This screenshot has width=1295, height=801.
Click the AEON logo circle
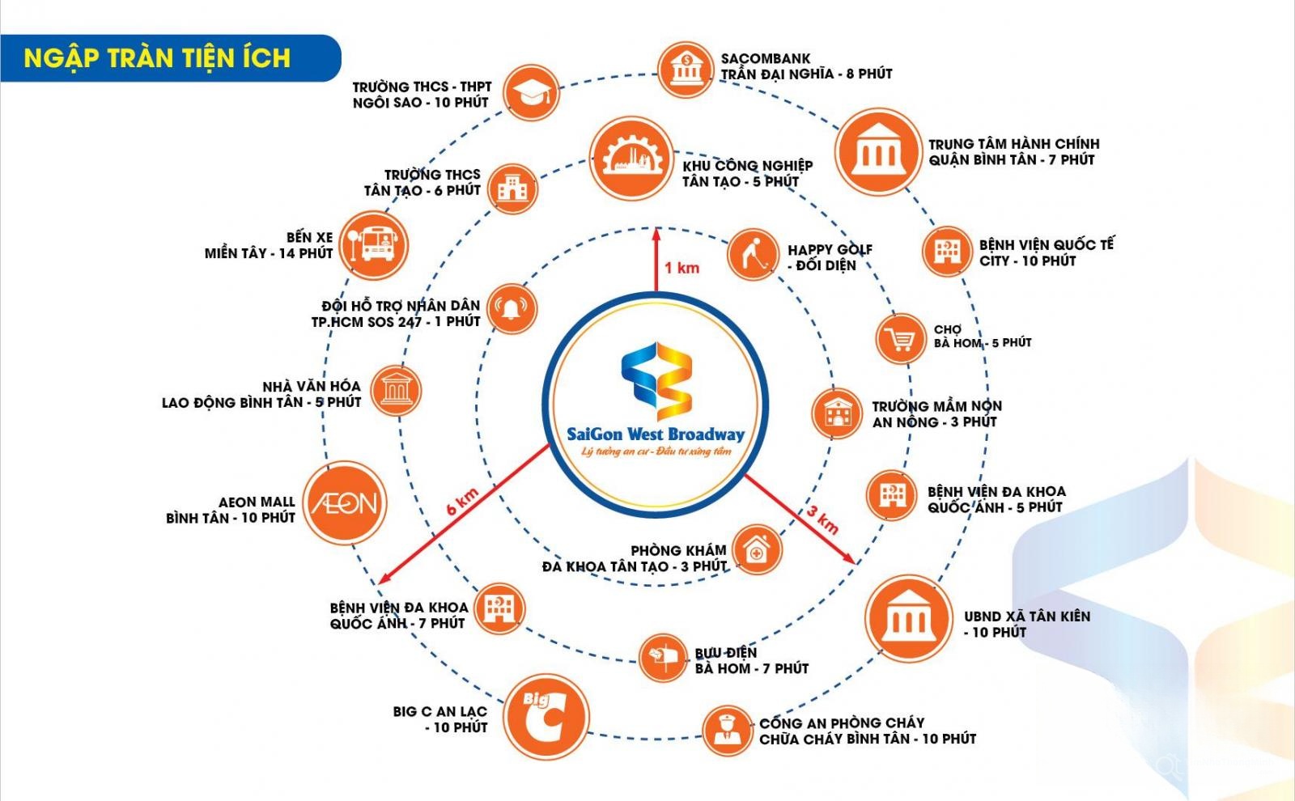pyautogui.click(x=345, y=502)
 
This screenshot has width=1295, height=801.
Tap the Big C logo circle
pyautogui.click(x=546, y=717)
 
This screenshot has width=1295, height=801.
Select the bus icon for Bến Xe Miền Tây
pyautogui.click(x=373, y=246)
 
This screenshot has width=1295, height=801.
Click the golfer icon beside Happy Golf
pyautogui.click(x=753, y=255)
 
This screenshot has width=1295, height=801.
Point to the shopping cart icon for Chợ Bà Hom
pyautogui.click(x=901, y=339)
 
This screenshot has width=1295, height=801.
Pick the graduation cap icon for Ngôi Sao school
pyautogui.click(x=531, y=92)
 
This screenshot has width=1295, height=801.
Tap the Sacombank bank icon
pyautogui.click(x=686, y=70)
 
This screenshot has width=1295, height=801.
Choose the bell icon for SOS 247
pyautogui.click(x=512, y=309)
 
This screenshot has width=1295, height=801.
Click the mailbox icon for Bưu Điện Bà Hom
pyautogui.click(x=664, y=658)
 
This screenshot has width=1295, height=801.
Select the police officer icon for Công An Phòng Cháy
pyautogui.click(x=728, y=731)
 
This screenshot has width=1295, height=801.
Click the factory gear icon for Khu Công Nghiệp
pyautogui.click(x=631, y=159)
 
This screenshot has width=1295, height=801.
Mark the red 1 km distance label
pyautogui.click(x=681, y=268)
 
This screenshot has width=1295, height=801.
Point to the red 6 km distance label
pyautogui.click(x=462, y=501)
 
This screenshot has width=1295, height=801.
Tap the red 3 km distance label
pyautogui.click(x=822, y=519)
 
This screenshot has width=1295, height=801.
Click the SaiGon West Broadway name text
pyautogui.click(x=656, y=434)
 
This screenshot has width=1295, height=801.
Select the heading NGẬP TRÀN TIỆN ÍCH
pyautogui.click(x=157, y=58)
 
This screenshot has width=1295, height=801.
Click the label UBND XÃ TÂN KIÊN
pyautogui.click(x=1027, y=617)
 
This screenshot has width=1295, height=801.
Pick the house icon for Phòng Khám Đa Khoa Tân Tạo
pyautogui.click(x=758, y=549)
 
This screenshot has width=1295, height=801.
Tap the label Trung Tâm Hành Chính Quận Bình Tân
pyautogui.click(x=1014, y=151)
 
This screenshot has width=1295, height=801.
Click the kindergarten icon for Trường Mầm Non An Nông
pyautogui.click(x=837, y=413)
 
